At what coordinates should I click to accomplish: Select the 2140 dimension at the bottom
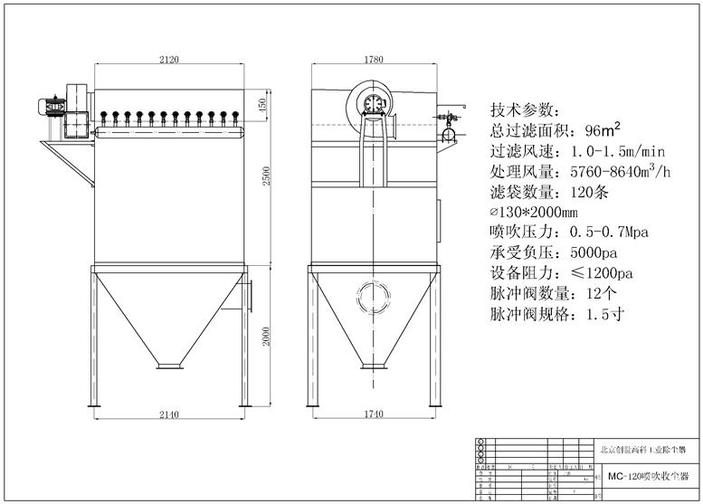168,414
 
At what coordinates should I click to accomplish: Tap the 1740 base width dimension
372,414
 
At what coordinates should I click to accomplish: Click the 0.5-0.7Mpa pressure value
608,233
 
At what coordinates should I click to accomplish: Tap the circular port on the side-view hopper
372,294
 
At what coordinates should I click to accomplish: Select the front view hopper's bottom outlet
168,365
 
